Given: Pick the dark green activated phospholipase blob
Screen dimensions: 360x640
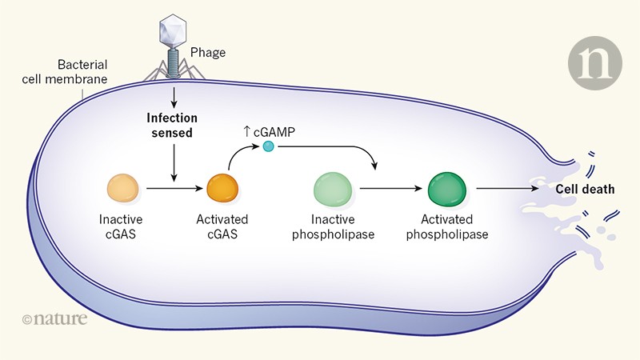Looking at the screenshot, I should coord(449,189).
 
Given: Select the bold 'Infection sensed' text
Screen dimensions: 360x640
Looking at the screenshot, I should coord(170,125).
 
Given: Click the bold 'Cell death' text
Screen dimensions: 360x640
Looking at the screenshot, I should coord(586,189).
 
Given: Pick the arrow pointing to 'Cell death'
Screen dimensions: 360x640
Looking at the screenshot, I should coord(513,190).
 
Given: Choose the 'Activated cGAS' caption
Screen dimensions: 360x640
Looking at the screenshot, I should coord(222,226).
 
